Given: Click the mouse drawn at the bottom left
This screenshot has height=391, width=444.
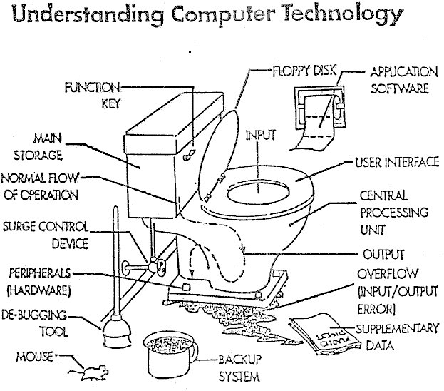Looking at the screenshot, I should point(93,372).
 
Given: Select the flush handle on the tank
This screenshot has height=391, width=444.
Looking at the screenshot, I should point(188,154).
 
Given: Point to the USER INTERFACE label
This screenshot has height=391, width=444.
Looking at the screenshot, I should point(396,163).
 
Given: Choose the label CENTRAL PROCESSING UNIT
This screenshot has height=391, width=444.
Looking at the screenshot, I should point(403,212).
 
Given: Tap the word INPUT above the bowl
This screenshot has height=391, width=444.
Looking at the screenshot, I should point(259,133).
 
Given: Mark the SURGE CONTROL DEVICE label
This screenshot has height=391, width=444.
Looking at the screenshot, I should point(45,235).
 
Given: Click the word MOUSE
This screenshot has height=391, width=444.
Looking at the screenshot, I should point(32,355).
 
